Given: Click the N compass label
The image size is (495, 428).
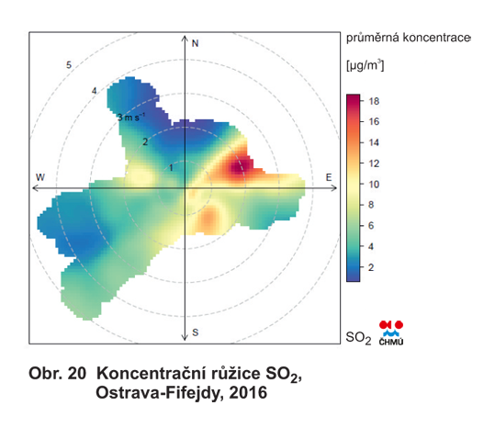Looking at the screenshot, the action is [x=195, y=43].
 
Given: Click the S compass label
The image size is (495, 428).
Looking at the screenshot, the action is [x=196, y=332].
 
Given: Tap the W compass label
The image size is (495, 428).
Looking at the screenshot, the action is [x=40, y=177].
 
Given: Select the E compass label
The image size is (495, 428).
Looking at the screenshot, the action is [x=329, y=177].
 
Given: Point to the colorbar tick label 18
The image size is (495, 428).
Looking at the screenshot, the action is [x=374, y=101].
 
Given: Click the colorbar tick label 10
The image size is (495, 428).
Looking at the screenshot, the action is [x=374, y=185].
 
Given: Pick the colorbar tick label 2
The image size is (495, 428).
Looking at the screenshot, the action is [x=371, y=267].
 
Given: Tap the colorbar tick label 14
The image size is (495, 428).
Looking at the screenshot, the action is [x=374, y=142].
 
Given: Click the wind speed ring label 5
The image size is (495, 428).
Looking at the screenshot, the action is [x=69, y=65].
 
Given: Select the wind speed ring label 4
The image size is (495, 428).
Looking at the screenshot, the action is [x=94, y=91].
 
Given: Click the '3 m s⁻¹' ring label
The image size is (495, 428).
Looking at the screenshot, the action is [x=131, y=117].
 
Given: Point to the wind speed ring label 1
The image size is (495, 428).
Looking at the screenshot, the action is [x=171, y=167].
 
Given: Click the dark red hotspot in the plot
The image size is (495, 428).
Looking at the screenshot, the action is [x=240, y=167].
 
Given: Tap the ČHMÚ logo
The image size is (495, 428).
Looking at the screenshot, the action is [x=391, y=333].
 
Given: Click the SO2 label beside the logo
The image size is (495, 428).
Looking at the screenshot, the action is [x=358, y=338].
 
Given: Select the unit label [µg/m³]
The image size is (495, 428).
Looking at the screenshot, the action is [x=366, y=65].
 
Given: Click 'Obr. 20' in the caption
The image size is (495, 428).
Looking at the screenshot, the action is [x=58, y=374].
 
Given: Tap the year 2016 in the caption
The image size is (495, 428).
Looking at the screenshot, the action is [x=248, y=393].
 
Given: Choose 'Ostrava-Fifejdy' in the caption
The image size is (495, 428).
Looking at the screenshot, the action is [x=159, y=394].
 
